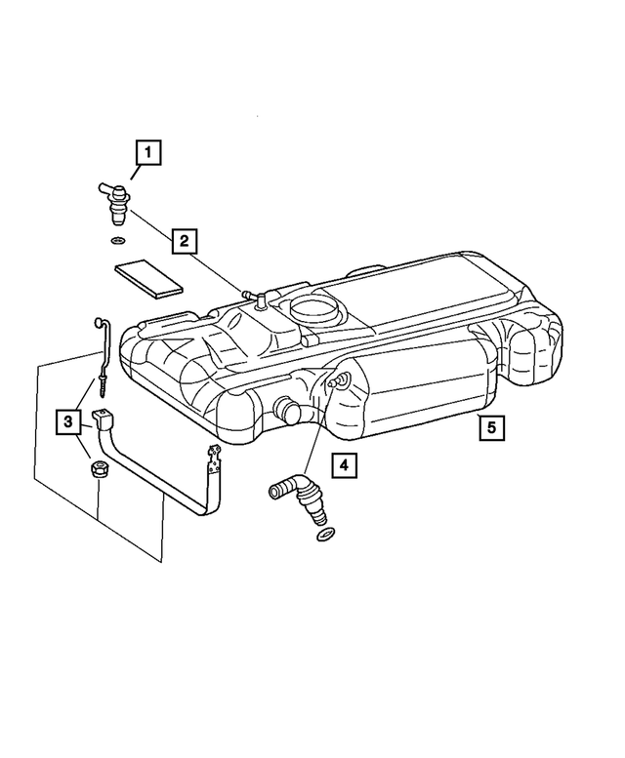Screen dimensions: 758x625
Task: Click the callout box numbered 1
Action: (x=147, y=152)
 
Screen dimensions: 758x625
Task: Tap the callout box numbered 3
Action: (x=67, y=421)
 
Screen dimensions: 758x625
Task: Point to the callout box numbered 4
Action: (x=343, y=466)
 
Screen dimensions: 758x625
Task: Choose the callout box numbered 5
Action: (x=492, y=426)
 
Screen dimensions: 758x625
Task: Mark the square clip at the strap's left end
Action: (x=104, y=420)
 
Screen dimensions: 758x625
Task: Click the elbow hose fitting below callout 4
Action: (x=297, y=492)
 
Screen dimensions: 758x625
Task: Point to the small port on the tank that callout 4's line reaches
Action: (x=338, y=380)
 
